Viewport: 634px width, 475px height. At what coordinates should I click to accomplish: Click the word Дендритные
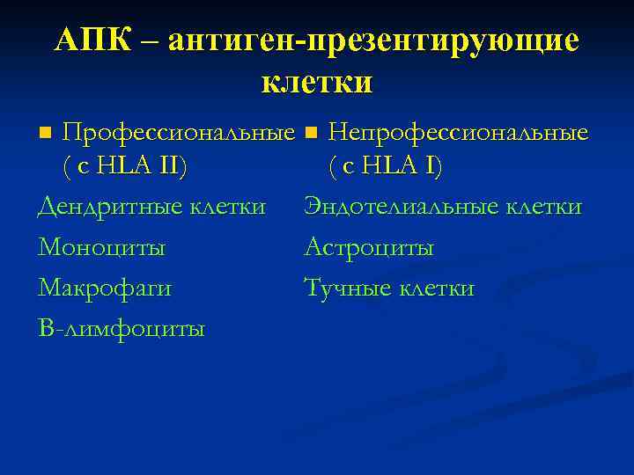98,207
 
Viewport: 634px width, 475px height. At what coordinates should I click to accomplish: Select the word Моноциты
101,247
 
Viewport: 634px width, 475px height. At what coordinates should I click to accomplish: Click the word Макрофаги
105,288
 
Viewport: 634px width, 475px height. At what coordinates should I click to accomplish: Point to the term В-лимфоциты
122,329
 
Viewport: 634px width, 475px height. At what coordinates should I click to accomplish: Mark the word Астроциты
369,247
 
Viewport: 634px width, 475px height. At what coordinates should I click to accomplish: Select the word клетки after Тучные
437,288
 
